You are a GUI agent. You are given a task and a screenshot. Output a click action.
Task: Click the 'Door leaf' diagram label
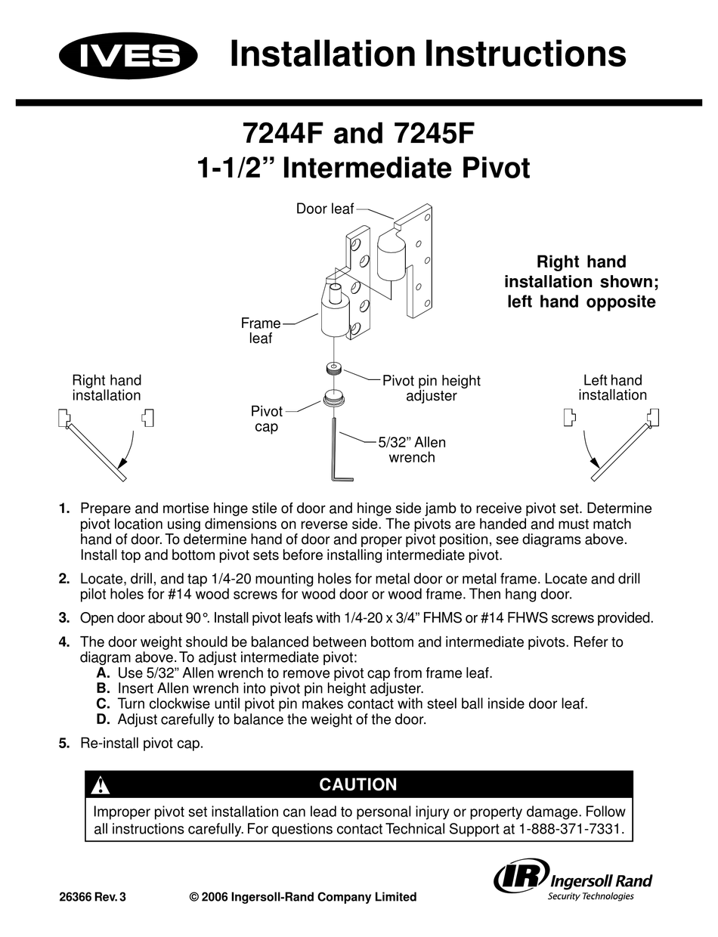point(325,209)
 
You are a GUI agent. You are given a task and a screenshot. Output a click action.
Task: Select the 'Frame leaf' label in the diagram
point(261,331)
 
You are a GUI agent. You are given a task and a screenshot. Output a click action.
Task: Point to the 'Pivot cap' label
point(267,419)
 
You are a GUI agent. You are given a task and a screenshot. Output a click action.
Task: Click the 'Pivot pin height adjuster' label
point(431,388)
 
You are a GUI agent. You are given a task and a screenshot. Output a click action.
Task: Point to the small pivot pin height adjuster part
point(333,369)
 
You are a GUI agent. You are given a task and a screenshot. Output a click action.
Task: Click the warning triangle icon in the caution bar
point(100,785)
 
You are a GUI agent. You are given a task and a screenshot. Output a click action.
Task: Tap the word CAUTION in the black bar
point(358,784)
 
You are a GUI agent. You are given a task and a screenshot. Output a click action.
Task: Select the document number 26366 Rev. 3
point(92,898)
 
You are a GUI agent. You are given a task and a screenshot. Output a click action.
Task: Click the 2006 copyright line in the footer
point(302,897)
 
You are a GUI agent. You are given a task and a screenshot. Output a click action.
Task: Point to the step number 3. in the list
point(64,617)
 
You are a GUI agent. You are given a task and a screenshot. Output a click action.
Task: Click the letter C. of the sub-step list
point(104,703)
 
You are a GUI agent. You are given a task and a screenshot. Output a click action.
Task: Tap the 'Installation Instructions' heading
point(427,54)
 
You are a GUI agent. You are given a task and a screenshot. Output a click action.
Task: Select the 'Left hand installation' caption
point(612,388)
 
